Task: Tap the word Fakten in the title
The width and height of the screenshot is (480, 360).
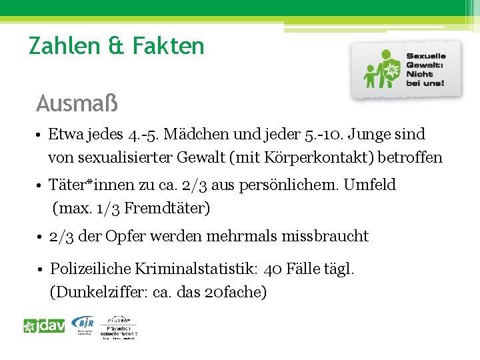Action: [169, 46]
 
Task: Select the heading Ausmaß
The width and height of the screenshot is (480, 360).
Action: [77, 103]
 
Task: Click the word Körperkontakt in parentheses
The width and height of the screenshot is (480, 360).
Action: [319, 158]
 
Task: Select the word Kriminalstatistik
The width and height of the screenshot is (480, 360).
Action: [199, 269]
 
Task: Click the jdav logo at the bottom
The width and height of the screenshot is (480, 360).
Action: [44, 326]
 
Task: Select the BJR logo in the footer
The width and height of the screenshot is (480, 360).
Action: [83, 325]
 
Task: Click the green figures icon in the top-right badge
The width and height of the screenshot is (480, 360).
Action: [381, 72]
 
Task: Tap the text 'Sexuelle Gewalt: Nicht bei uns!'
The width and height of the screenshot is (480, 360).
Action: [425, 70]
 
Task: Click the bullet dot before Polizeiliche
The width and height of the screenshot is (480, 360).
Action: [41, 269]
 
